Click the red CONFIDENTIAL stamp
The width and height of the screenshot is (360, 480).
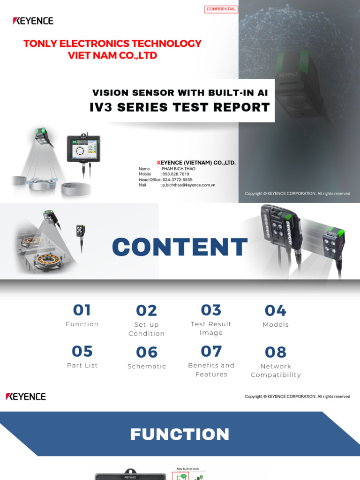221,9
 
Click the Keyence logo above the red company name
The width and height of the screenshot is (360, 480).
33,21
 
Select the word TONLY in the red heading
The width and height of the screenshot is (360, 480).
38,44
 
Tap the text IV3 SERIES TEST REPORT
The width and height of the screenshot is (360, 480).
180,107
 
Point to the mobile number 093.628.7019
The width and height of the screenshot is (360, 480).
176,174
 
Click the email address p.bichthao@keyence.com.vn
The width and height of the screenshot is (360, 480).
188,185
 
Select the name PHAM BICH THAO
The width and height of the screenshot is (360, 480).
179,169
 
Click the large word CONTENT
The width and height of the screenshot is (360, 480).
180,247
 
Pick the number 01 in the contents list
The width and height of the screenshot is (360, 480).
82,310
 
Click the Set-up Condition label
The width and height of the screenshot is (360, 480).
147,329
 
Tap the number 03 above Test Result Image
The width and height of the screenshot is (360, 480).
211,310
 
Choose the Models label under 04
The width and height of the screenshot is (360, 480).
276,324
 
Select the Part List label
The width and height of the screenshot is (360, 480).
82,365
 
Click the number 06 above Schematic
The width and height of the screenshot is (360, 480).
147,352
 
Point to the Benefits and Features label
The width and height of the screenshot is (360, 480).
211,370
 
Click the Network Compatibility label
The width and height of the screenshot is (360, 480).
276,370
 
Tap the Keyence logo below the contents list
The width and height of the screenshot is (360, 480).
26,397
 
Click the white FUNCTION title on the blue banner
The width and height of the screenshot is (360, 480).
180,435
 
